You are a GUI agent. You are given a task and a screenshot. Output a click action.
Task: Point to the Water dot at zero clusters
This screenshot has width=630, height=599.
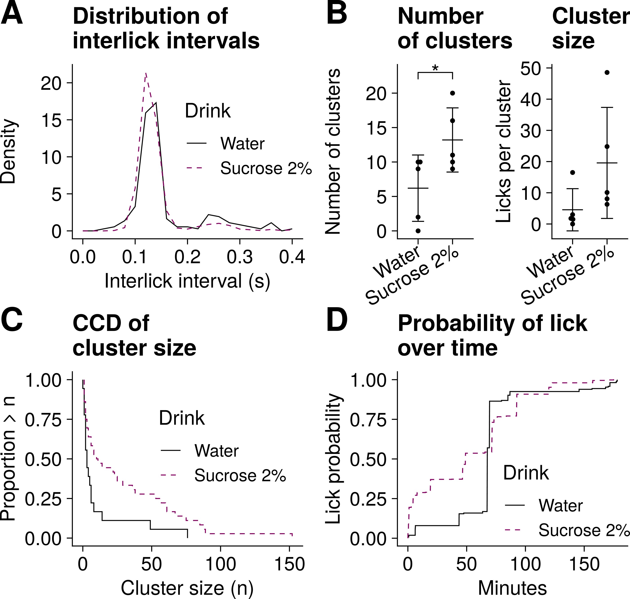(418, 231)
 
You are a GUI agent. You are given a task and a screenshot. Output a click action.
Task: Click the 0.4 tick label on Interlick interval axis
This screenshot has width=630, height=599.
(292, 257)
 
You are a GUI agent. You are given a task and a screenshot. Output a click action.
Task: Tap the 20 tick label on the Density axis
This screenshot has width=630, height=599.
(51, 83)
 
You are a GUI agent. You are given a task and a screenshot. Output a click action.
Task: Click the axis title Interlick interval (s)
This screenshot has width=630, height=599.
(187, 281)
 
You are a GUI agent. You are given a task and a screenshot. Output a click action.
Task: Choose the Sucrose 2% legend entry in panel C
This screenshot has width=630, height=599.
(240, 475)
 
